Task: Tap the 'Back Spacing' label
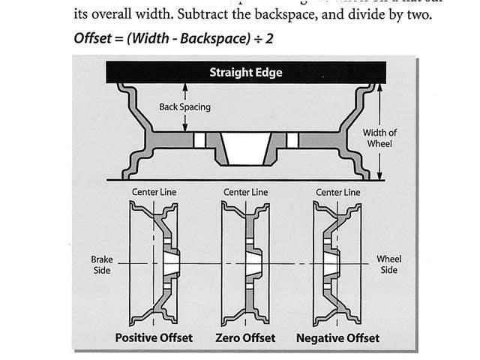point(184,106)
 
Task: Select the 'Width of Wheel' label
point(379,138)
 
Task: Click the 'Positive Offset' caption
point(154,337)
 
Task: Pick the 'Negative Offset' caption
point(337,337)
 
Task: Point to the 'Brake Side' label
point(101,264)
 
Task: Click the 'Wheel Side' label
point(388,264)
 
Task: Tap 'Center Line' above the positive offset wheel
point(154,193)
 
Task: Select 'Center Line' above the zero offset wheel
point(246,193)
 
